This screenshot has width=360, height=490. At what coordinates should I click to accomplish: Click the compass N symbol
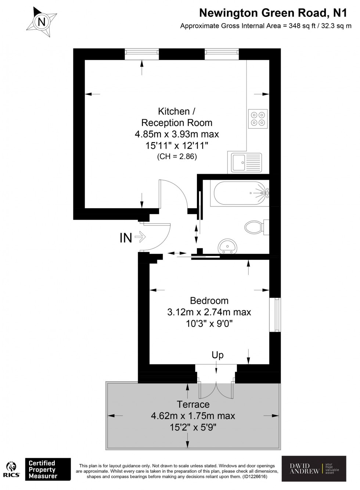click(42, 22)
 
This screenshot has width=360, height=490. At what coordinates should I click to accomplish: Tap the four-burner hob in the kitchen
click(258, 119)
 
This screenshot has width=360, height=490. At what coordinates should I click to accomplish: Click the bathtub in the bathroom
click(241, 192)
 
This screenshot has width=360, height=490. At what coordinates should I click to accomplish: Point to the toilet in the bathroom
click(256, 227)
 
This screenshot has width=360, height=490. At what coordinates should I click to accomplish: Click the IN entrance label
click(126, 238)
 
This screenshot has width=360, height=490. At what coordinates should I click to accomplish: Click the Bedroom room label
click(209, 300)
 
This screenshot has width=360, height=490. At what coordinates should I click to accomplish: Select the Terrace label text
click(193, 404)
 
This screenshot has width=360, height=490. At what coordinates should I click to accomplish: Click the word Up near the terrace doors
click(217, 355)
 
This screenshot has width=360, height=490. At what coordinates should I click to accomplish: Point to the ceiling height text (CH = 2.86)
click(177, 156)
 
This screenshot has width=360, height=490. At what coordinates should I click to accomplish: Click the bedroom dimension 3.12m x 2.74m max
click(209, 312)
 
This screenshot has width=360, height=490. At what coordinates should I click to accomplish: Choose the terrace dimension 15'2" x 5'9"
click(193, 428)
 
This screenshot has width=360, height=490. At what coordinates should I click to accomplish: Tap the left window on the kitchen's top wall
click(142, 54)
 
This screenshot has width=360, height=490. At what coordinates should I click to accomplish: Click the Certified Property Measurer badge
click(47, 469)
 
